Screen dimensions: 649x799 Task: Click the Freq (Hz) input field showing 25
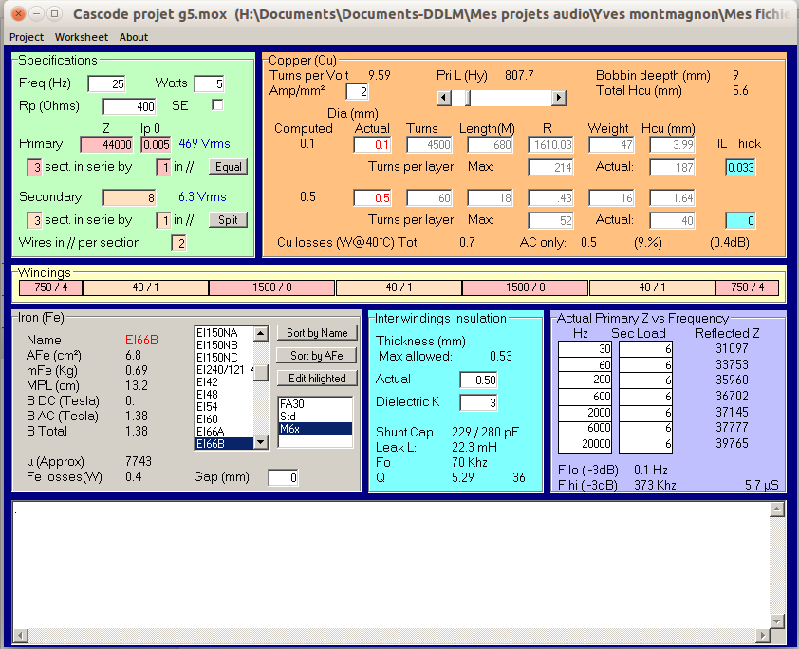coord(106,83)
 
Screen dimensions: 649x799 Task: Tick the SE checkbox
coord(217,105)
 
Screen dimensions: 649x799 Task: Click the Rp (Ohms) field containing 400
coord(129,106)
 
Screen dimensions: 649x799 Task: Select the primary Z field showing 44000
coord(107,144)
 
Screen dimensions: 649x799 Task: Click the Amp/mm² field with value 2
coord(358,91)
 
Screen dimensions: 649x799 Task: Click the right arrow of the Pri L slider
coord(559,98)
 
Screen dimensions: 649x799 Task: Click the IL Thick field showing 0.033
coord(740,167)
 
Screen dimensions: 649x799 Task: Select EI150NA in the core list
coord(218,332)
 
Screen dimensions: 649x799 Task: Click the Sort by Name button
coord(318,333)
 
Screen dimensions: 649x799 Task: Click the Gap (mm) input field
coord(283,477)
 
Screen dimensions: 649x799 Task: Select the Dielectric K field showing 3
coord(478,402)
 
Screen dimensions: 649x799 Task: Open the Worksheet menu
coord(81,37)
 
